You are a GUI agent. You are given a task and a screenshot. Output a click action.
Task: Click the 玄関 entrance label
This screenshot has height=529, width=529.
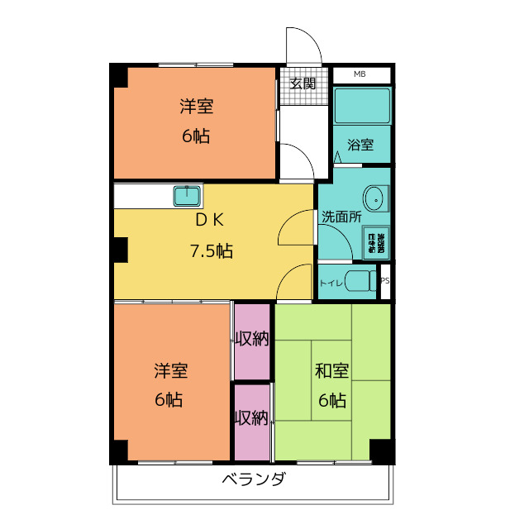[303, 83]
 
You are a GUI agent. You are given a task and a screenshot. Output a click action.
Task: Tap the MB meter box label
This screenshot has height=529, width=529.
[360, 75]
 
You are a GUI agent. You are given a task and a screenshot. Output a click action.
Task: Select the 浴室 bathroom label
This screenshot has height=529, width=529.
[360, 145]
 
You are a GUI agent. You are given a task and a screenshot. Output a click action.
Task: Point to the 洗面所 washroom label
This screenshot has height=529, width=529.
[341, 217]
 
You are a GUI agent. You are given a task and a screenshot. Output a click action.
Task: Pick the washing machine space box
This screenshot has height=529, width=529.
[376, 242]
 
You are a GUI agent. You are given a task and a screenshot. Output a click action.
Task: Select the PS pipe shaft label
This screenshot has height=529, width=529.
[384, 280]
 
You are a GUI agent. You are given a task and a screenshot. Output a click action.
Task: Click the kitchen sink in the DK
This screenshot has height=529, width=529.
[188, 196]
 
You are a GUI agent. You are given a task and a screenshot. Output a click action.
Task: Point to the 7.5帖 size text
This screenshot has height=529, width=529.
[211, 250]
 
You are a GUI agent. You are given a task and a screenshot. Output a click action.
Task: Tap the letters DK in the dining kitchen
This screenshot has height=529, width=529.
[210, 220]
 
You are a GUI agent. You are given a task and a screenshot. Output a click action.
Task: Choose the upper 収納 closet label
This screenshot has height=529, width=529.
[251, 339]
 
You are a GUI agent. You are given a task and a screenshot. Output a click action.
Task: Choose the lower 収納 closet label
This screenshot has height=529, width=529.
[251, 418]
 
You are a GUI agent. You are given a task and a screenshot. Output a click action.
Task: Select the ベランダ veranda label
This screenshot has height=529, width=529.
[254, 480]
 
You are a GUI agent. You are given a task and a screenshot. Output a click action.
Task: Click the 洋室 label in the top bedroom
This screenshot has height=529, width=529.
[196, 107]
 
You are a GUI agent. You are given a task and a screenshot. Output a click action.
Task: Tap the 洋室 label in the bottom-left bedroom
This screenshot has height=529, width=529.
[169, 371]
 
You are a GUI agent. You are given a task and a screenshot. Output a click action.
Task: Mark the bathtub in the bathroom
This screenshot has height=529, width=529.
[361, 106]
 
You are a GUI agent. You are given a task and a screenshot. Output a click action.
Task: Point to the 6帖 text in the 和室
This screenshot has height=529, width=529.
[332, 401]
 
